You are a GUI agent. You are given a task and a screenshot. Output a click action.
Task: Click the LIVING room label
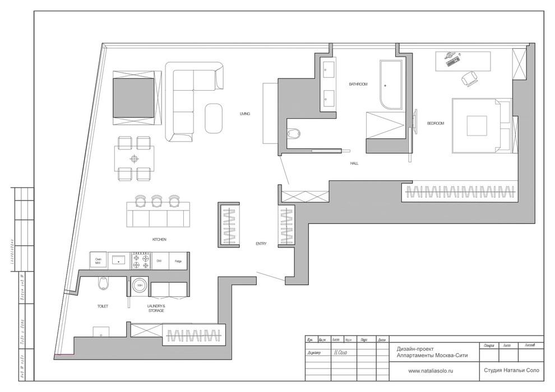[x=244, y=114]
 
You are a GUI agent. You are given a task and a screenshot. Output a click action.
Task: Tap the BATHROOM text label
[x=358, y=84]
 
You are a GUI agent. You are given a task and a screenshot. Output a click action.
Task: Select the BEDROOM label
[x=435, y=123]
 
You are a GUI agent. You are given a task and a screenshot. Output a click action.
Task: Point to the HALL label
[x=354, y=164]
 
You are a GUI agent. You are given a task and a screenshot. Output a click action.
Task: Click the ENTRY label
[x=261, y=244]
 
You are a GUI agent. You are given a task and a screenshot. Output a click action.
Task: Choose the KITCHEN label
[x=159, y=239]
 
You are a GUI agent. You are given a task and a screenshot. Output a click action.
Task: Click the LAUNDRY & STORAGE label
[x=156, y=309]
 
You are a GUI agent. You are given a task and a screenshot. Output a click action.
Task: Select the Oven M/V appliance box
[x=98, y=260]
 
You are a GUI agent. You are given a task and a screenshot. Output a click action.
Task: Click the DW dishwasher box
[x=159, y=260]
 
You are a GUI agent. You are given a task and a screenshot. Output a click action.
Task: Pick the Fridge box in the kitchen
[x=178, y=260]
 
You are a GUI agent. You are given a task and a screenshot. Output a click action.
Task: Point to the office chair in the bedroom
[x=469, y=79]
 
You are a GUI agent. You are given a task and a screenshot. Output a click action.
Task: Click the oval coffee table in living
[x=212, y=118]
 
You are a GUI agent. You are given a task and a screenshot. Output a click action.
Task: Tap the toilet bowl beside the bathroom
[x=293, y=133]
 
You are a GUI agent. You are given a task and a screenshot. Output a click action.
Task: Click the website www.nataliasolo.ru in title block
[x=427, y=371]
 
